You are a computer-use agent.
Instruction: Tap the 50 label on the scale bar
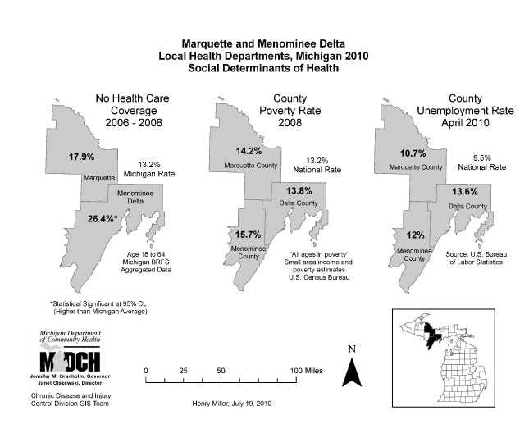coord(221,372)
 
